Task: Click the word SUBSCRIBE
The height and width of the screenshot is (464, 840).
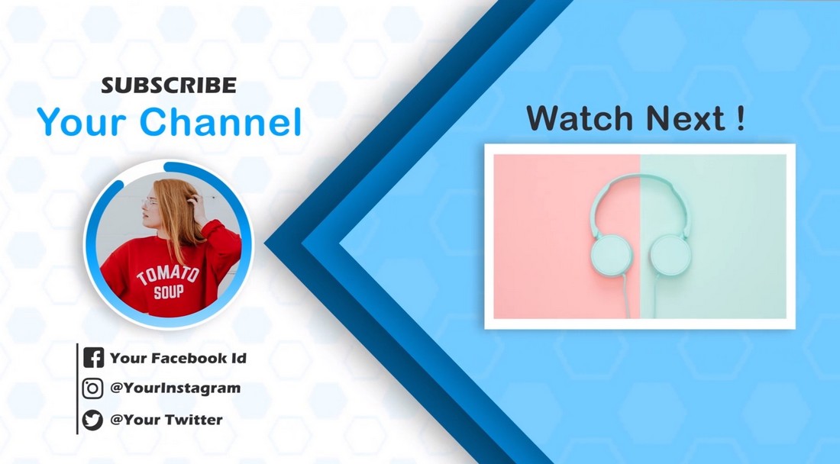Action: click(169, 85)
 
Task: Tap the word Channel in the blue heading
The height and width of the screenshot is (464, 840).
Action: click(221, 121)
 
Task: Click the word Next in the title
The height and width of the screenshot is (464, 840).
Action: click(687, 119)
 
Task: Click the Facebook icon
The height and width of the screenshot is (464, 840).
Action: click(94, 357)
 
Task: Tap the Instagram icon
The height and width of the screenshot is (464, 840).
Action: click(92, 388)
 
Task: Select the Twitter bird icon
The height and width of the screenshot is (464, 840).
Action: click(92, 420)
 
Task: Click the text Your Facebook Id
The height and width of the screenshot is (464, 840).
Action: click(178, 358)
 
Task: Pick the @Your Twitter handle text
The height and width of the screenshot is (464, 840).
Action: click(166, 420)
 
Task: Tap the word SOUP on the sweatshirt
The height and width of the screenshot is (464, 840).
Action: click(169, 292)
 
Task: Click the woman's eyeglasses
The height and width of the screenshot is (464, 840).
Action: click(150, 202)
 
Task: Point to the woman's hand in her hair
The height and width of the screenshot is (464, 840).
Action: click(198, 207)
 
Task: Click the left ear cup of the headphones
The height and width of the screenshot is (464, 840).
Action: click(611, 255)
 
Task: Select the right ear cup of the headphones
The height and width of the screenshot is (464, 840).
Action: click(670, 256)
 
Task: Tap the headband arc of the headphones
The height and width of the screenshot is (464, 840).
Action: click(640, 176)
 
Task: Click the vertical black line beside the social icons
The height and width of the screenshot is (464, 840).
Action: click(78, 388)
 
